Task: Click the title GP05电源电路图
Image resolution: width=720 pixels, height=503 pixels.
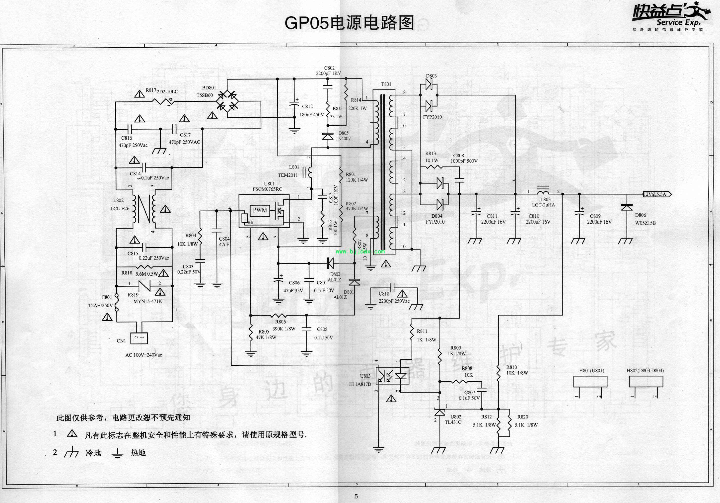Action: point(349,23)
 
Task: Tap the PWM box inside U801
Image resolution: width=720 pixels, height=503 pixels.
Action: point(260,210)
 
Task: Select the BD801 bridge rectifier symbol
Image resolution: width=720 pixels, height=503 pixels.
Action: point(228,100)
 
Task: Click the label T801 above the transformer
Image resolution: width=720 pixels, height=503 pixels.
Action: point(386,84)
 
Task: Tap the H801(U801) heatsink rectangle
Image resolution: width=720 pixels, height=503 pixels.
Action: point(590,382)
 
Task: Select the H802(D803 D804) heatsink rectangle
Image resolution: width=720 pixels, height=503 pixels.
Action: point(646,382)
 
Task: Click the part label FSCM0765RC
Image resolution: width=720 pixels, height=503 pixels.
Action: point(267,189)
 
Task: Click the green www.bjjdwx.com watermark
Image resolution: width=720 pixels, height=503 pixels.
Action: point(360,251)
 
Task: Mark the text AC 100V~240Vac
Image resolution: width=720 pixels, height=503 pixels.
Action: point(144,355)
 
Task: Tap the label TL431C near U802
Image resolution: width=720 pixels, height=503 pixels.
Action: point(453,422)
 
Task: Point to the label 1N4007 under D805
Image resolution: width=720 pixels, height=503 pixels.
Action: point(343,139)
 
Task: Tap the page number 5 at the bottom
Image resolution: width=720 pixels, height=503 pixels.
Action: point(356,496)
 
